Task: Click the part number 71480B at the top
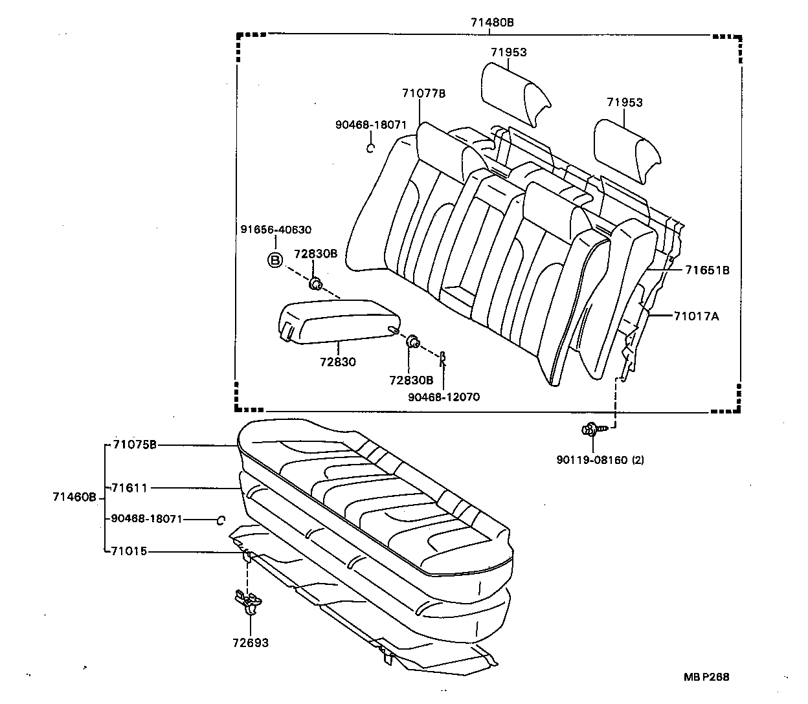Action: coord(492,22)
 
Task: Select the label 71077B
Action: coord(423,93)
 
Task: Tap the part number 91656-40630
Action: coord(276,230)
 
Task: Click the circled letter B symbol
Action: coord(275,260)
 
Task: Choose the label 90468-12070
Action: coord(443,397)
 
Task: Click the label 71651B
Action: coord(708,270)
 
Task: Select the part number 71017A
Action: coord(696,316)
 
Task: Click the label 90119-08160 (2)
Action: coord(600,460)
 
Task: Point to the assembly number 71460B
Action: coord(74,497)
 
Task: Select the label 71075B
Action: coord(134,445)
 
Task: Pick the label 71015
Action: coord(129,551)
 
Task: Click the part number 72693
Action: coord(251,643)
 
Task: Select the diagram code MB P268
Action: coord(706,677)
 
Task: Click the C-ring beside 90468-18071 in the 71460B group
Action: coord(220,520)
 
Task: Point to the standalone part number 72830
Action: coord(337,362)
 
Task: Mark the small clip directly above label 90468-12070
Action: coord(443,357)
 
